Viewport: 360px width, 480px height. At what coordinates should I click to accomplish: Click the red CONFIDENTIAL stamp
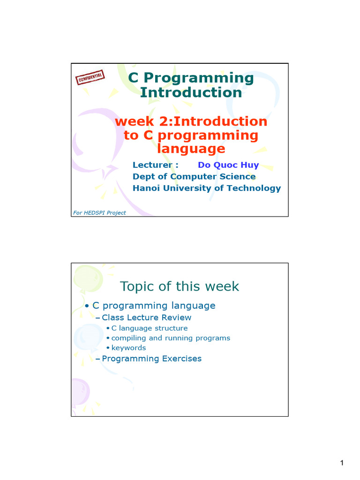pyautogui.click(x=90, y=77)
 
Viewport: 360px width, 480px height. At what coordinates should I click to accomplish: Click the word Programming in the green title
pyautogui.click(x=199, y=78)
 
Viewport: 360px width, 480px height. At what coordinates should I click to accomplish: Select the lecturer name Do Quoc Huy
pyautogui.click(x=228, y=165)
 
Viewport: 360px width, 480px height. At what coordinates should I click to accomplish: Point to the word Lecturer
pyautogui.click(x=153, y=165)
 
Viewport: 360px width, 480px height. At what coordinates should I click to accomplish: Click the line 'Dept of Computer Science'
pyautogui.click(x=194, y=177)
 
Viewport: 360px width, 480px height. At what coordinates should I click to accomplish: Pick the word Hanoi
pyautogui.click(x=146, y=188)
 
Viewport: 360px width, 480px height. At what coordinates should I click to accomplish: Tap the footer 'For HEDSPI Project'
pyautogui.click(x=99, y=213)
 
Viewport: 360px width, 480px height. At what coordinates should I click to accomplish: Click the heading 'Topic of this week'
pyautogui.click(x=180, y=286)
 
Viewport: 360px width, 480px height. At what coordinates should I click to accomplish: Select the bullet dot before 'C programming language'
pyautogui.click(x=87, y=306)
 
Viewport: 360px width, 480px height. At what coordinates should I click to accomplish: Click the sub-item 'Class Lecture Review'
pyautogui.click(x=147, y=317)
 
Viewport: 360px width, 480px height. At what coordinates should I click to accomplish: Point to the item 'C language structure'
pyautogui.click(x=150, y=328)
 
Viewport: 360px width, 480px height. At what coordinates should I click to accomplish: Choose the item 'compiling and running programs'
pyautogui.click(x=171, y=338)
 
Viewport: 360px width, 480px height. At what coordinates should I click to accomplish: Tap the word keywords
pyautogui.click(x=128, y=348)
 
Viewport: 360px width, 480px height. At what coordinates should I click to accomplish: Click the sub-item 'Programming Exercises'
pyautogui.click(x=152, y=359)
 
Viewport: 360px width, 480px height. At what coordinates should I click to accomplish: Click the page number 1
pyautogui.click(x=342, y=463)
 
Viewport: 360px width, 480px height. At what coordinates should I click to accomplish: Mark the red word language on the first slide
pyautogui.click(x=191, y=149)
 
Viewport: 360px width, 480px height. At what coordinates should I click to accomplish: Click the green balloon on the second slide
pyautogui.click(x=88, y=278)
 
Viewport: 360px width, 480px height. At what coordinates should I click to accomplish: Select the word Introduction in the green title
pyautogui.click(x=191, y=92)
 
